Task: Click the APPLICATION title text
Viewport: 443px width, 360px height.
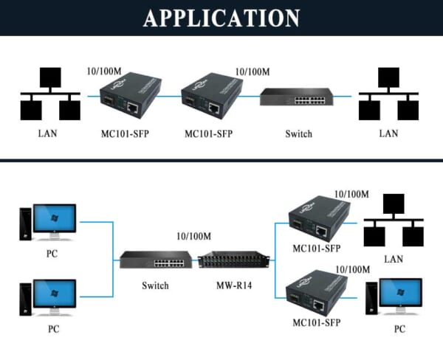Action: (x=221, y=18)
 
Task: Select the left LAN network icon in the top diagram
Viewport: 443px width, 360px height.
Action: (x=49, y=95)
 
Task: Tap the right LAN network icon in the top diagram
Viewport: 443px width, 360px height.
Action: (x=388, y=95)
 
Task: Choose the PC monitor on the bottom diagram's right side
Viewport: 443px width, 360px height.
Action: (x=399, y=297)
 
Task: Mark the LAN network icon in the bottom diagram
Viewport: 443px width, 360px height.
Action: (x=394, y=221)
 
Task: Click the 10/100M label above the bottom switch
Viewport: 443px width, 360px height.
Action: (x=193, y=236)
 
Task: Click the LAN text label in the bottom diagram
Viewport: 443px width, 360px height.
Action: (x=394, y=260)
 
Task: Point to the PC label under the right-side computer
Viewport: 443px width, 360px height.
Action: (x=399, y=329)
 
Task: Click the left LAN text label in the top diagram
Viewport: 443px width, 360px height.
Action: (x=47, y=134)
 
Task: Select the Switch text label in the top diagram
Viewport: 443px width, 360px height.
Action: (x=298, y=134)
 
